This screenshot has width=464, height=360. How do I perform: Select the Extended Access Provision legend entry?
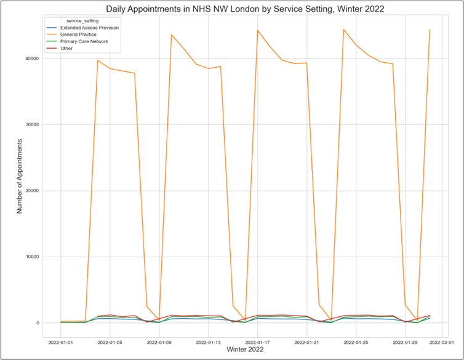(89, 28)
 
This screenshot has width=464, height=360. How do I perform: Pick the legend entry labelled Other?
(66, 48)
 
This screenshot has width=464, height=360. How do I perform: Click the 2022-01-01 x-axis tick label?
(61, 342)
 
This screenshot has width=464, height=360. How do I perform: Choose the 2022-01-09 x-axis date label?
(160, 342)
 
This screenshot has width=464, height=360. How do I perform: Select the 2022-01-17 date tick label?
(258, 342)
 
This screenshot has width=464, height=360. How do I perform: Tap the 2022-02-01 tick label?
(442, 342)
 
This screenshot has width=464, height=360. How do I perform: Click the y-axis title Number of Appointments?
(19, 175)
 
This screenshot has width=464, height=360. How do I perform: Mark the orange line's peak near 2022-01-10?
(172, 35)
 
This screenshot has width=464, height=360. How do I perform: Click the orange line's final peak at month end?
(430, 30)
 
